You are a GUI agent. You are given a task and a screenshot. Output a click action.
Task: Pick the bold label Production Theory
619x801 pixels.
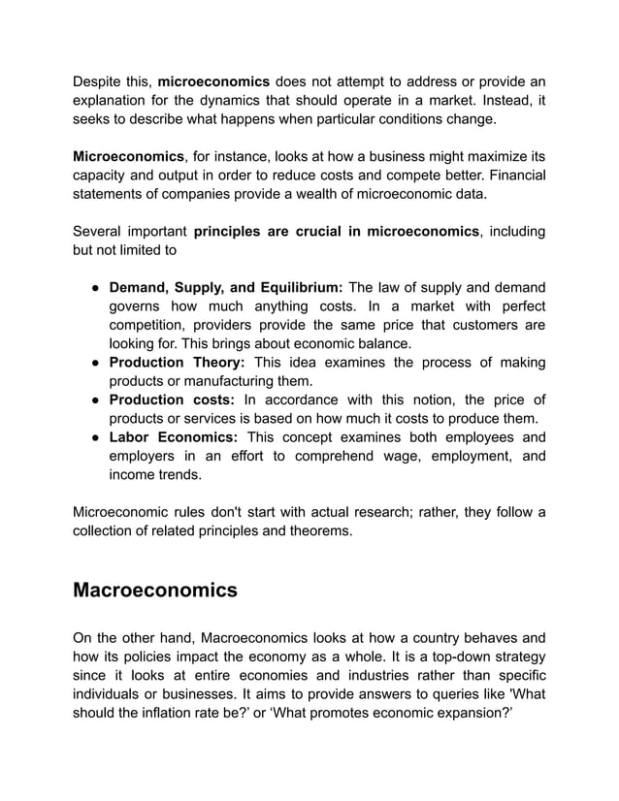pyautogui.click(x=179, y=363)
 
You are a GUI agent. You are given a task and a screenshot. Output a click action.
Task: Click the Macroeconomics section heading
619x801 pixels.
pyautogui.click(x=155, y=590)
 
